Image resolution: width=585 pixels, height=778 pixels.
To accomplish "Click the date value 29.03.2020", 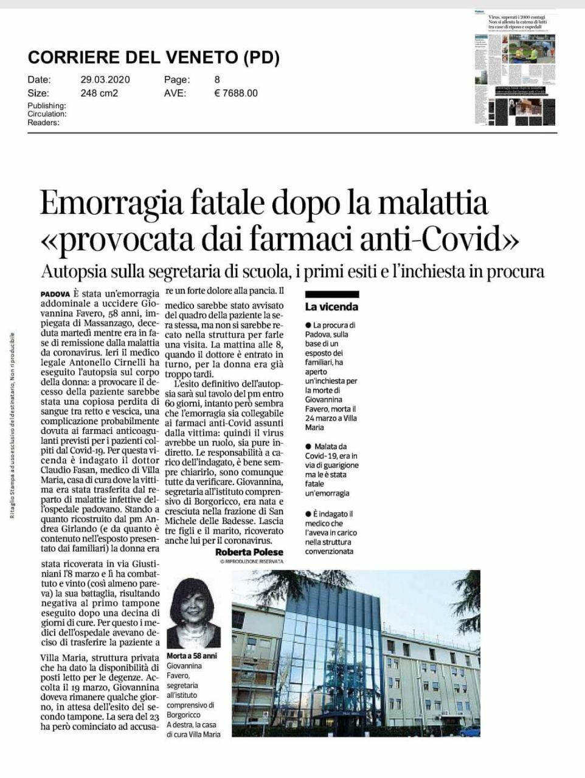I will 105,80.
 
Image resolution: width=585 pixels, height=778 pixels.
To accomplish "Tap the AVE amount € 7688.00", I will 236,93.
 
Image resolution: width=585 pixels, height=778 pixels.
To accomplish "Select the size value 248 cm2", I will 99,93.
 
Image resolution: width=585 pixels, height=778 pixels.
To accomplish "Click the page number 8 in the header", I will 217,80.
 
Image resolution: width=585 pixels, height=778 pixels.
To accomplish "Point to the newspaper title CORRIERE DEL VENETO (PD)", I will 154,58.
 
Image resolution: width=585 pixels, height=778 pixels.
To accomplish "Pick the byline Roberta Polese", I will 249,552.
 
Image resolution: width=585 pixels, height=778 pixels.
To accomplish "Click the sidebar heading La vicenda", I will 331,307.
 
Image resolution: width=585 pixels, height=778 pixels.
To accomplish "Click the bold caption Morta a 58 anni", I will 191,656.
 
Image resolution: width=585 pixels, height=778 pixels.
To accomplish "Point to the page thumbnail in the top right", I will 514,67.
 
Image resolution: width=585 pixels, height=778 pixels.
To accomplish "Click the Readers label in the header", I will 43,122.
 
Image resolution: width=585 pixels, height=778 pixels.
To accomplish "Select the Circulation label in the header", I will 47,114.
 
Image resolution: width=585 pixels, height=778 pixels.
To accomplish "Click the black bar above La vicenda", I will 331,295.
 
